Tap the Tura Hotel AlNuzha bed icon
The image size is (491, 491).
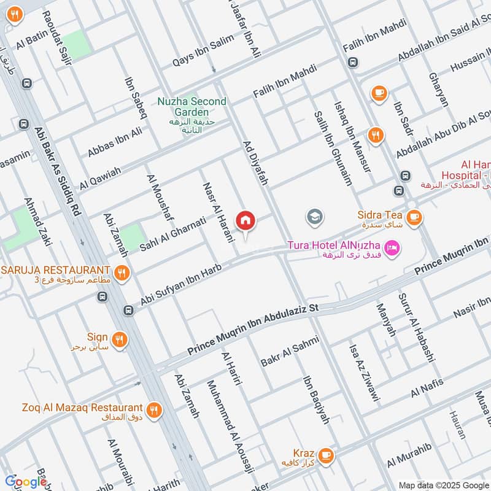(393, 247)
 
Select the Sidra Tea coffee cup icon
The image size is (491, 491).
(414, 216)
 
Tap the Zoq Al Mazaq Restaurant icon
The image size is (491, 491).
(153, 409)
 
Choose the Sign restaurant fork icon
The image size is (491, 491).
(120, 338)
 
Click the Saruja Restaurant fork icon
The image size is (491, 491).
(122, 271)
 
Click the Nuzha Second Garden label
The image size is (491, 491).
(191, 107)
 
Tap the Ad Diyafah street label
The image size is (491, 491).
(257, 158)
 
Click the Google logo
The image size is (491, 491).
(26, 482)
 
